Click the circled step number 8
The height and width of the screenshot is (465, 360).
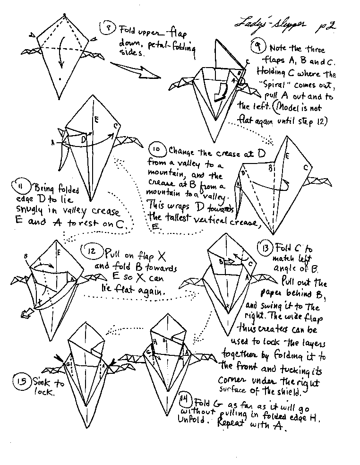[x=108, y=28]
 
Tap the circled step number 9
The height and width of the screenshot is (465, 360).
[x=258, y=47]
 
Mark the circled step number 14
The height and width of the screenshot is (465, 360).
[x=186, y=402]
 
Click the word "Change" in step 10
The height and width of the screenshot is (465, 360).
[x=183, y=152]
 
